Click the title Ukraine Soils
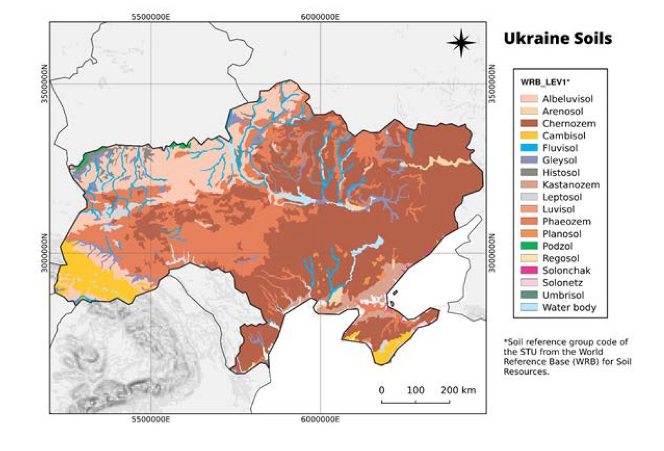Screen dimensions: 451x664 (557, 39)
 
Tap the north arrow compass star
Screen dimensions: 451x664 (461, 42)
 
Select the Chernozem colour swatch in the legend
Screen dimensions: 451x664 (529, 124)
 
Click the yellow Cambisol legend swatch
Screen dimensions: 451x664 (529, 136)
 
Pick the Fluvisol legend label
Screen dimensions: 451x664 (559, 148)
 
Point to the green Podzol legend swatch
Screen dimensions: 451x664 (529, 246)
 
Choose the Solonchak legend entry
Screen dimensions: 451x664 (566, 271)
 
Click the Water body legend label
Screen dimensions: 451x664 (569, 307)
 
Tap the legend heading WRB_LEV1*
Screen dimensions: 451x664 (545, 82)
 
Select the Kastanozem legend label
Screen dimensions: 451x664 (571, 185)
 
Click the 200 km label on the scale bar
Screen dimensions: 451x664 (458, 390)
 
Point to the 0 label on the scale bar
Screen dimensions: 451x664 (381, 390)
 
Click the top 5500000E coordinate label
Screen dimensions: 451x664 (151, 17)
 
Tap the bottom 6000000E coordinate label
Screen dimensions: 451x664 (320, 419)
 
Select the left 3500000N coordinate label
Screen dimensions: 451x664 (45, 84)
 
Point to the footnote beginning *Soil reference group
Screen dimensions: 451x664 (567, 356)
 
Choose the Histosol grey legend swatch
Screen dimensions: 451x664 (529, 173)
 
